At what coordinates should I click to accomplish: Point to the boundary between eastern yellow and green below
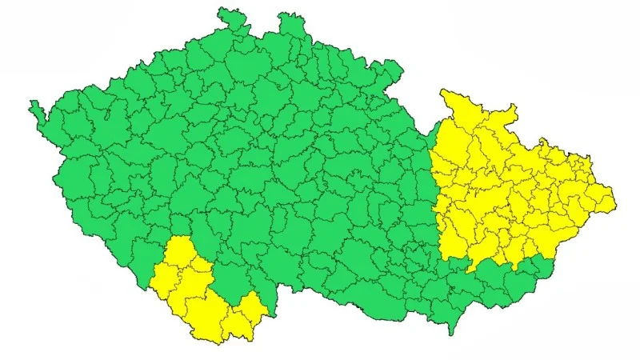click(496, 265)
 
